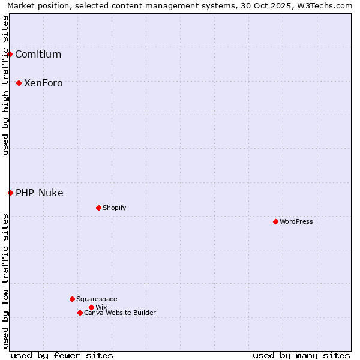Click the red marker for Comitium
point(10,55)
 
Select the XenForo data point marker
point(19,83)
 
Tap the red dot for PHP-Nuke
point(10,193)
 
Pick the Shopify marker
point(98,208)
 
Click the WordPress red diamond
point(275,221)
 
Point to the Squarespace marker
point(72,299)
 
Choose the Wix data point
point(91,307)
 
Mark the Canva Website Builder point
point(80,313)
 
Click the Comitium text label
point(38,55)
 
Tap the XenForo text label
point(43,83)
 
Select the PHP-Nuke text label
point(39,193)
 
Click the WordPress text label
point(296,221)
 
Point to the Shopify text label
point(114,208)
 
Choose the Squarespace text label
point(97,299)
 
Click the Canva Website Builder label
point(120,313)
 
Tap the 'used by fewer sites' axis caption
point(62,355)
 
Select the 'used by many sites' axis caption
point(301,355)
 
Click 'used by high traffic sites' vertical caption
point(5,85)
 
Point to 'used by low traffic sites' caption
point(5,280)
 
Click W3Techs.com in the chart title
point(327,5)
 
